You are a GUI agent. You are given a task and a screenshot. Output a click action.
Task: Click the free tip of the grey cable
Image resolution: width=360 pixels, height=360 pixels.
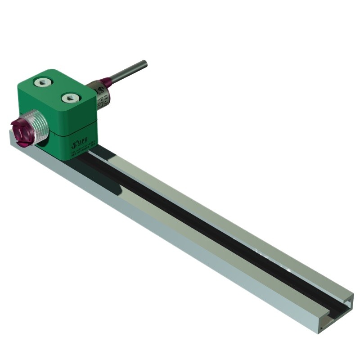pyautogui.click(x=144, y=64)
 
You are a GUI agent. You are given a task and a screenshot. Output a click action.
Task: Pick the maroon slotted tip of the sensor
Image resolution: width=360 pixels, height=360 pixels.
pyautogui.click(x=20, y=130)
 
